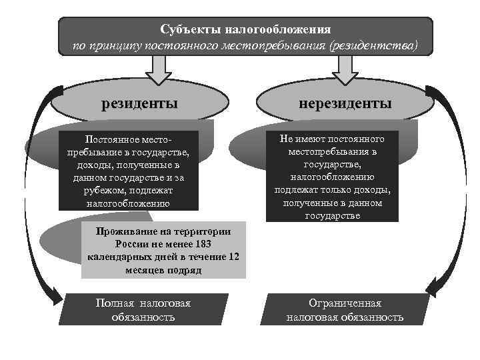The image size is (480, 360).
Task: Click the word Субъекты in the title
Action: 190,30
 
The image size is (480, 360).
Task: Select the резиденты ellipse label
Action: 139,104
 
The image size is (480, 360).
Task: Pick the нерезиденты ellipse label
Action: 345,104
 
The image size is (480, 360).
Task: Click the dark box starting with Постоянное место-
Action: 128,171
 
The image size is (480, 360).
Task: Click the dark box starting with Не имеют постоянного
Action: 332,176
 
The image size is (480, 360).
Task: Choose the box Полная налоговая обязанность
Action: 143,310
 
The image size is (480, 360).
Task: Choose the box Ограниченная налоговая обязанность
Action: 344,310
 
